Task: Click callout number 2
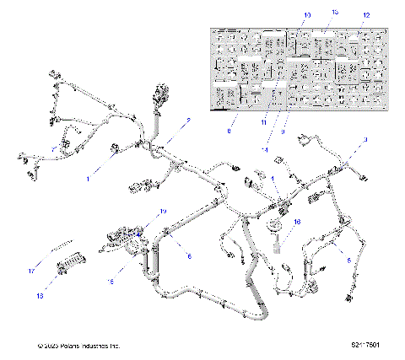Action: coord(188,121)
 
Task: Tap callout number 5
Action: coord(350,261)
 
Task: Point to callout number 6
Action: coord(189,255)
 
